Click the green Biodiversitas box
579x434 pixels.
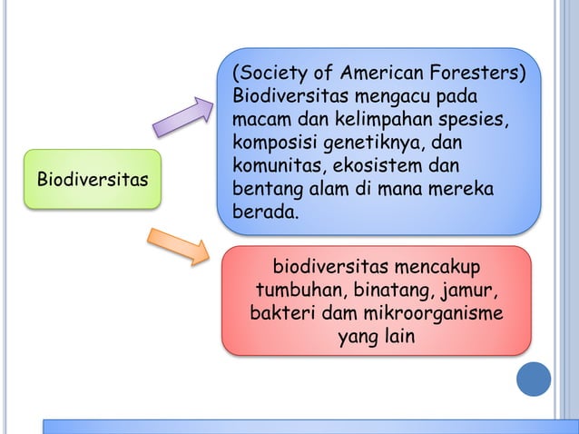tap(90, 179)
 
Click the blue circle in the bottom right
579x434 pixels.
tap(534, 379)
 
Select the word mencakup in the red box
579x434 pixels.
tap(438, 269)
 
